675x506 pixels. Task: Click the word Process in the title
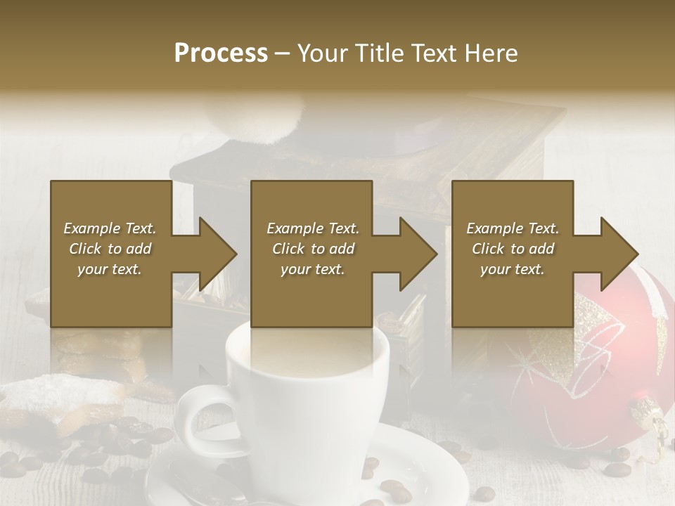pyautogui.click(x=221, y=53)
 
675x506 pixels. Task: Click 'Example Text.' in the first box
pyautogui.click(x=110, y=228)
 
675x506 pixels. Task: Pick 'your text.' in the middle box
pyautogui.click(x=312, y=269)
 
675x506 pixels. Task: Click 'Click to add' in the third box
pyautogui.click(x=513, y=249)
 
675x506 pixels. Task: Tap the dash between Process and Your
pyautogui.click(x=283, y=54)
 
